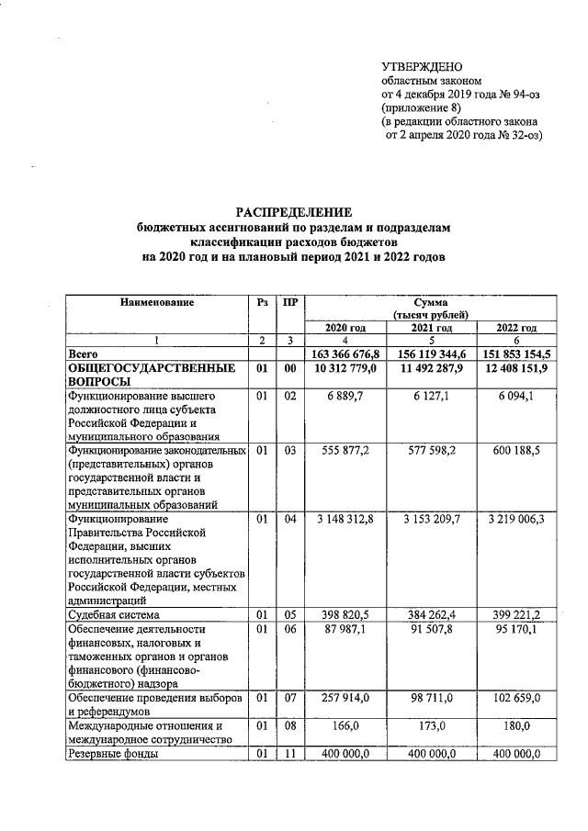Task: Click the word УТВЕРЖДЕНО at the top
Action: tap(422, 66)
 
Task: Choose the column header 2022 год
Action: tap(515, 328)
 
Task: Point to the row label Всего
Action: tap(84, 354)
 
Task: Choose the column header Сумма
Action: tap(430, 301)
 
